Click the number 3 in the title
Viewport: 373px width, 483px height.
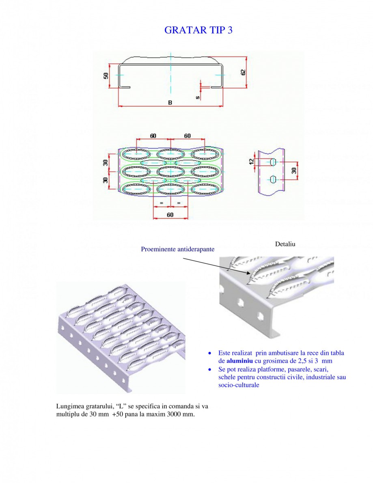tap(230, 30)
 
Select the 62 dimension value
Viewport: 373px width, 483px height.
tap(243, 72)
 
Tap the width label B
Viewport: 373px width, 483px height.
tap(170, 103)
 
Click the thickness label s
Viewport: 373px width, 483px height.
tap(197, 97)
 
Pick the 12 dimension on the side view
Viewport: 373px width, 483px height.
tap(252, 161)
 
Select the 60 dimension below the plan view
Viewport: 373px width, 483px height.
tap(170, 215)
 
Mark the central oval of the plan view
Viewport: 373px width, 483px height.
tap(170, 171)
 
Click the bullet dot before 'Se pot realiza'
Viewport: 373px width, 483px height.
tap(209, 370)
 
